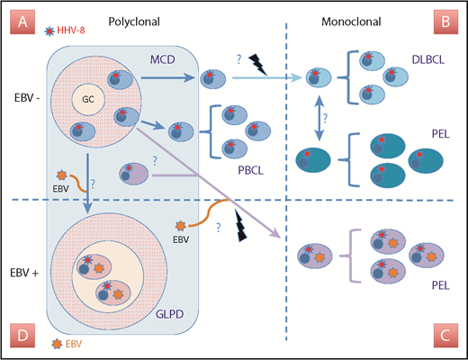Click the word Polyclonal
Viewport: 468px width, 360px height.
133,19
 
